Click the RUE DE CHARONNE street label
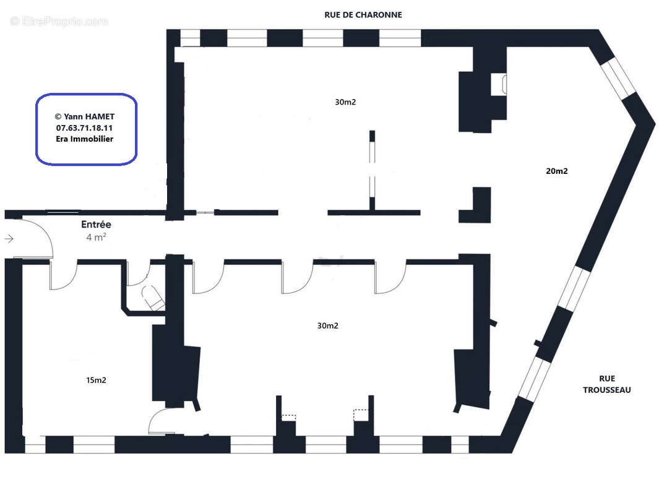pos(363,14)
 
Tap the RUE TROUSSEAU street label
pos(606,384)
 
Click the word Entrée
pos(96,225)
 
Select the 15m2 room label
pos(95,380)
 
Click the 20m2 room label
pos(557,171)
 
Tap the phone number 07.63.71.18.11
pos(84,127)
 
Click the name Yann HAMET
pos(84,116)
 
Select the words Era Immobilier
pos(84,139)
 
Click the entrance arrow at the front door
pos(9,238)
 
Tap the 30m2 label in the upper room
pos(345,102)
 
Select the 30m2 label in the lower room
pos(327,325)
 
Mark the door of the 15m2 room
pos(62,276)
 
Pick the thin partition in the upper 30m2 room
pos(372,170)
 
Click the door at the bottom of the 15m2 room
pos(160,421)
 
